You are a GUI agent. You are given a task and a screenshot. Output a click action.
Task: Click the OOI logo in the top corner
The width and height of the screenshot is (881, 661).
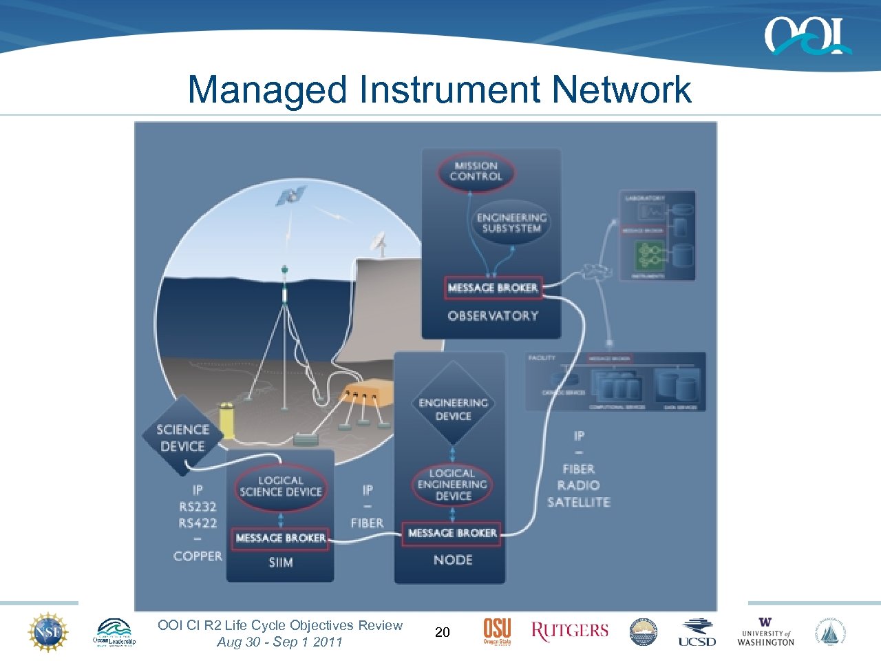pos(807,36)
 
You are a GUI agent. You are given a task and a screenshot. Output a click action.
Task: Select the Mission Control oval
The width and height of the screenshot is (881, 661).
pos(476,171)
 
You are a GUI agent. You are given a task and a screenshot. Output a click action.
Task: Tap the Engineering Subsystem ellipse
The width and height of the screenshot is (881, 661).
pos(511,222)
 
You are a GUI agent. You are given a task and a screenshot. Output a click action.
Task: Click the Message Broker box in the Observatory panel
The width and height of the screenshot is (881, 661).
pos(493,288)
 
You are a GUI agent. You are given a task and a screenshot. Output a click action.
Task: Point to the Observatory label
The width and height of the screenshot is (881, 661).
pos(493,316)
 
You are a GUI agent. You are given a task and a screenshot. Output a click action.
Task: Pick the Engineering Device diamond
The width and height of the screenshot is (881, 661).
pos(453,409)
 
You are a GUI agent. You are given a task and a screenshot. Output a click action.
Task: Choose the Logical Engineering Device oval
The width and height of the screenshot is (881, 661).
pos(452,485)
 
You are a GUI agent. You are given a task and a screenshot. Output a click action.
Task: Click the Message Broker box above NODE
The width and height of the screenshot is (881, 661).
pos(452,533)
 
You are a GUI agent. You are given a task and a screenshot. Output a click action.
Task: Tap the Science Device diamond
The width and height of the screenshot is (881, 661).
pos(182,437)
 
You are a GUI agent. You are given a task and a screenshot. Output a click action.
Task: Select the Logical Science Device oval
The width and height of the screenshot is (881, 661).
pos(280,486)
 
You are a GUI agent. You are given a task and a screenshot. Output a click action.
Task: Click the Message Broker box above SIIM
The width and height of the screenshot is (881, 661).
pos(280,538)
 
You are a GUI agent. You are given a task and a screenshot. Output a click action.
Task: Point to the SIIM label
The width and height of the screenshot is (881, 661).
pos(280,563)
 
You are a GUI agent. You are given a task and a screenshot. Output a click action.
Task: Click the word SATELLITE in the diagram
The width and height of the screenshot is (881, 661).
pos(579,503)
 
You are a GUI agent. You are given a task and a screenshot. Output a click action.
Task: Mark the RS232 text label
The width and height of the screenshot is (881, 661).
pos(198,507)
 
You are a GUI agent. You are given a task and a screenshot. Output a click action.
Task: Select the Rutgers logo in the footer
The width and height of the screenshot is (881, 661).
pos(569,631)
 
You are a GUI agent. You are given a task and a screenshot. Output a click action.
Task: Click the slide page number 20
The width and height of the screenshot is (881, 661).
pos(443,632)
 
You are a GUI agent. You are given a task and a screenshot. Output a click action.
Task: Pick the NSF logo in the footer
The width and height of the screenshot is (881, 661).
pos(48,631)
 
